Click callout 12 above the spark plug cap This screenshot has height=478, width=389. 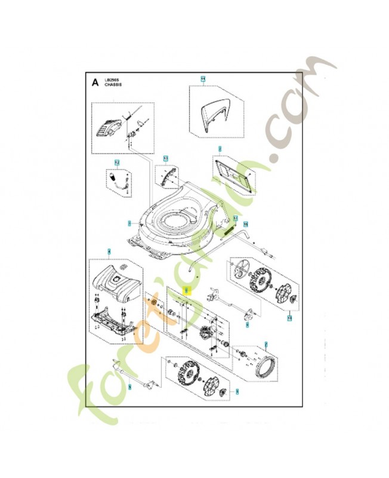117,163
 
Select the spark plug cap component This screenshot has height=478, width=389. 116,177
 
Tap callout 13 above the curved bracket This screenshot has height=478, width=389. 165,158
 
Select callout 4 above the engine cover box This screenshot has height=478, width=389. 109,253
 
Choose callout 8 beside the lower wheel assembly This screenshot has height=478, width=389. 237,391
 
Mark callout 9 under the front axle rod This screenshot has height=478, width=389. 129,388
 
